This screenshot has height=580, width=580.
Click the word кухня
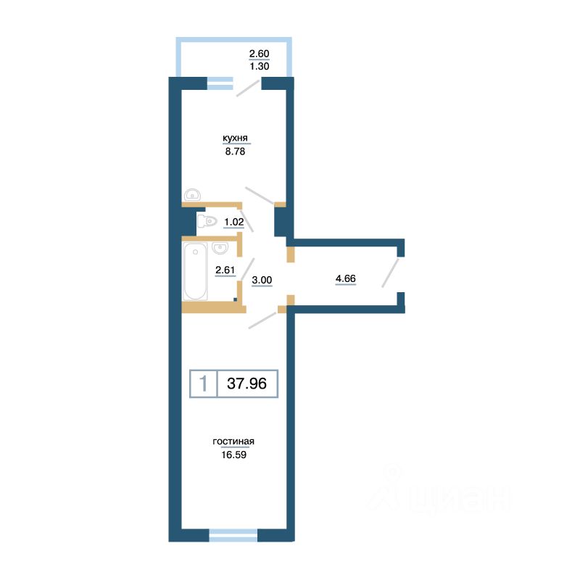(235, 138)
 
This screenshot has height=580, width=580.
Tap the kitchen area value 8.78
(235, 152)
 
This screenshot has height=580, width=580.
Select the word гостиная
(233, 442)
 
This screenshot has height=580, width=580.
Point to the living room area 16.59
(233, 455)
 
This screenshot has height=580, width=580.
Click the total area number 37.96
(246, 384)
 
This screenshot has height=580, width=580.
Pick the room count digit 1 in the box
(203, 384)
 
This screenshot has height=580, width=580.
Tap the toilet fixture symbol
(207, 221)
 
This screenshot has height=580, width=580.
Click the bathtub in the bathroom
(194, 271)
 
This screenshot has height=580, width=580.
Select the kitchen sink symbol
(192, 194)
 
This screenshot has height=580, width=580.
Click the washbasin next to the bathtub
(220, 248)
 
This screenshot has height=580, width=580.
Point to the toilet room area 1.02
(233, 222)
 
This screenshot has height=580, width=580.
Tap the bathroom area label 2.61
(225, 270)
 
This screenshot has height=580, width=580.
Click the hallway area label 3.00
(262, 280)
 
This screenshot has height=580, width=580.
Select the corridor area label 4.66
(346, 278)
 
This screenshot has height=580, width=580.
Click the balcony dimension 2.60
(259, 54)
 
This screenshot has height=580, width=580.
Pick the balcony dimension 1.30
(260, 66)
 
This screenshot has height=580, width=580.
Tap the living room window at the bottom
(233, 535)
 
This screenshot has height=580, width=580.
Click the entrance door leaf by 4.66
(391, 273)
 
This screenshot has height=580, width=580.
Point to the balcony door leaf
(248, 88)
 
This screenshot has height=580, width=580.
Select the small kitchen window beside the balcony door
(220, 83)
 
